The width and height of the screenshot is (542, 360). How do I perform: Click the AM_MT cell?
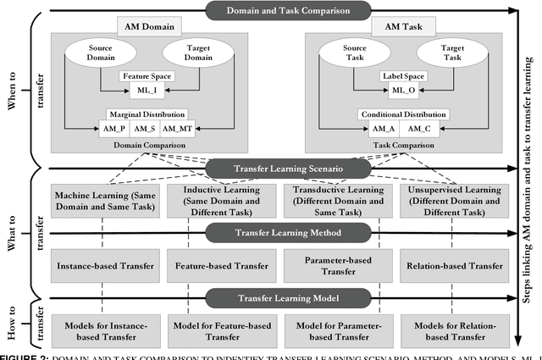(178, 128)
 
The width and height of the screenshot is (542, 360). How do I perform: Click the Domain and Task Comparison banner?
(276, 11)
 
